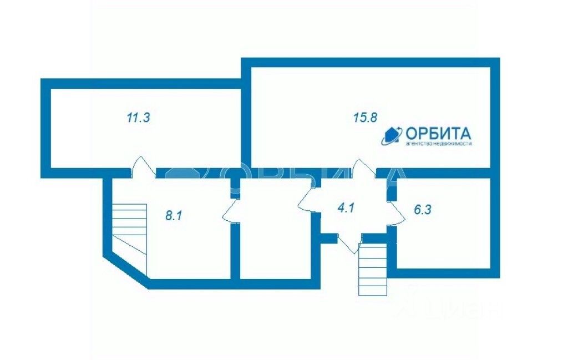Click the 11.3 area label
coord(139,117)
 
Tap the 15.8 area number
coord(365,117)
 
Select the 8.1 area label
coord(174,215)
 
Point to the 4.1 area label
coord(346,209)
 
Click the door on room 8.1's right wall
coord(232,211)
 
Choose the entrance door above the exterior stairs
coord(349,241)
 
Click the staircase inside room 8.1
coord(130,228)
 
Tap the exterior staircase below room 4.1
coord(373,269)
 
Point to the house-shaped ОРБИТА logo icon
coord(392,135)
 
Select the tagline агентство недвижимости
coord(438,144)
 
